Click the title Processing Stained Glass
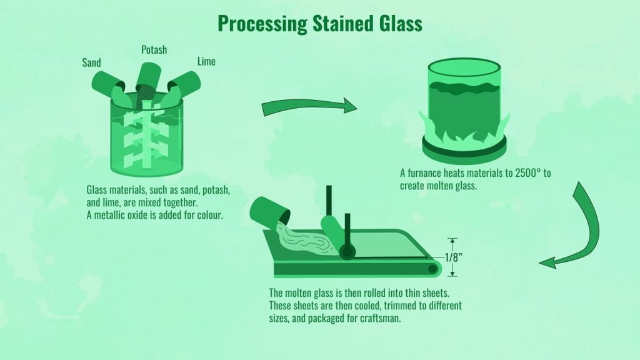coord(319,23)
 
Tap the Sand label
coord(92,62)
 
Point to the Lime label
coord(206,61)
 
